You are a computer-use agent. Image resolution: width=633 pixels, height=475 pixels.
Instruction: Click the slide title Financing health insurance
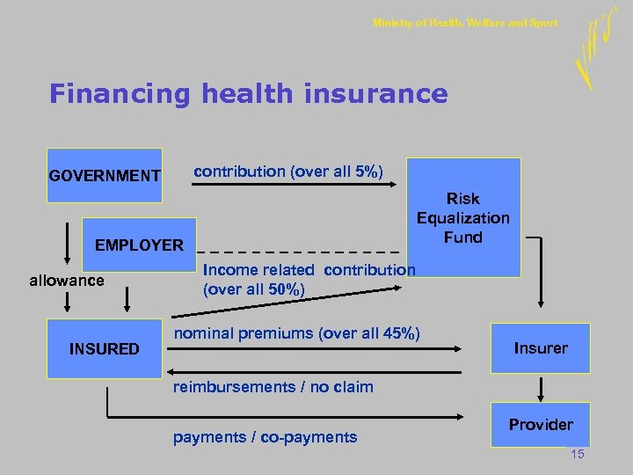point(249,93)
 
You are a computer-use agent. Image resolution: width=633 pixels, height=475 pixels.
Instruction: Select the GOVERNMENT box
point(105,176)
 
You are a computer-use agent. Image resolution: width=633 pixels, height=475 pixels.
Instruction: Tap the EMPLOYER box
point(139,245)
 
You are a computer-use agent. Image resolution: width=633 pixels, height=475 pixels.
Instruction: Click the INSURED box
point(104,349)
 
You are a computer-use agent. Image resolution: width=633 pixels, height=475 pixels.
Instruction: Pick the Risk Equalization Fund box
point(463,208)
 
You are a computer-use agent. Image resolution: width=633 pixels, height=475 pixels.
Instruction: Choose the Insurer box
point(540,348)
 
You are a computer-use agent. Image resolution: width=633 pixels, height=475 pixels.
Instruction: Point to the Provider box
point(540,425)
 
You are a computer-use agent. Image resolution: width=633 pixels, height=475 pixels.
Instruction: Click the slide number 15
point(577,454)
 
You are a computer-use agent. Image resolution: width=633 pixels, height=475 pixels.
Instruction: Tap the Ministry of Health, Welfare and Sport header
point(464,23)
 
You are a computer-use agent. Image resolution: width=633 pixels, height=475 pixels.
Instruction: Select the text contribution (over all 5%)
point(287,171)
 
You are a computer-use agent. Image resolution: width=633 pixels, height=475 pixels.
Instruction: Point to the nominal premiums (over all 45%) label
point(297,333)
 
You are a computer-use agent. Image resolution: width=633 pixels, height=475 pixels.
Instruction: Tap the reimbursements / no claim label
point(273,386)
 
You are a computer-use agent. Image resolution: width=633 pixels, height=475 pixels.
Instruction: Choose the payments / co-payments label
point(265,437)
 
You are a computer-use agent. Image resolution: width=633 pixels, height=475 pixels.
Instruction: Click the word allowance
point(66,281)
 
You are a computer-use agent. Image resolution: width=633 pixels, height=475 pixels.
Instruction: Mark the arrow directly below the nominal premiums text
point(316,349)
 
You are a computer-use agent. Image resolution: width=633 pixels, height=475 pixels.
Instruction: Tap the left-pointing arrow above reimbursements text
point(316,372)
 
